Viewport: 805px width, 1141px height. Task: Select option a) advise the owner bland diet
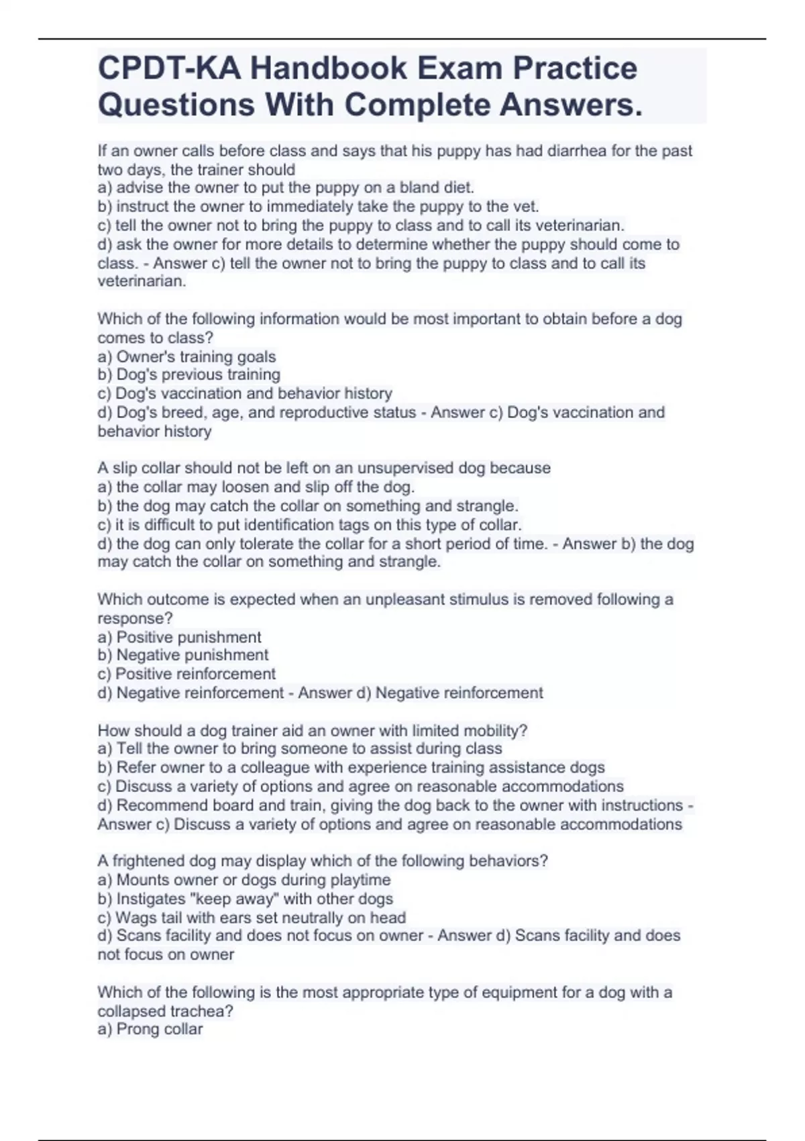coord(286,188)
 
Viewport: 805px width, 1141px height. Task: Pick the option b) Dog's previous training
coord(189,375)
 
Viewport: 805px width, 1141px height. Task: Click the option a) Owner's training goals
coord(186,356)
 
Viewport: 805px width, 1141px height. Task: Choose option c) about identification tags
coord(309,525)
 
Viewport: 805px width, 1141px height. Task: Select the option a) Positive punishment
coord(179,637)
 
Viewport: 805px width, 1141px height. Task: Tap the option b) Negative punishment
coord(182,655)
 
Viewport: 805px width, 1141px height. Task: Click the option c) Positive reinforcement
coord(186,674)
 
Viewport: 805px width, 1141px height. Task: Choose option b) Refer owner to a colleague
coord(351,767)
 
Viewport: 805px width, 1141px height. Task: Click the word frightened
coord(148,860)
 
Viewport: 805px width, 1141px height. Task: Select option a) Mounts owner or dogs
coord(244,879)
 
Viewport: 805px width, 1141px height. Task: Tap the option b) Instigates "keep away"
coord(245,899)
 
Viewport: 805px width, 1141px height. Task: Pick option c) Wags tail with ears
coord(252,917)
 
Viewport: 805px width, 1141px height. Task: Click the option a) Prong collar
coord(150,1029)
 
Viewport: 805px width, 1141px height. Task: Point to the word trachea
coord(197,1011)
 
